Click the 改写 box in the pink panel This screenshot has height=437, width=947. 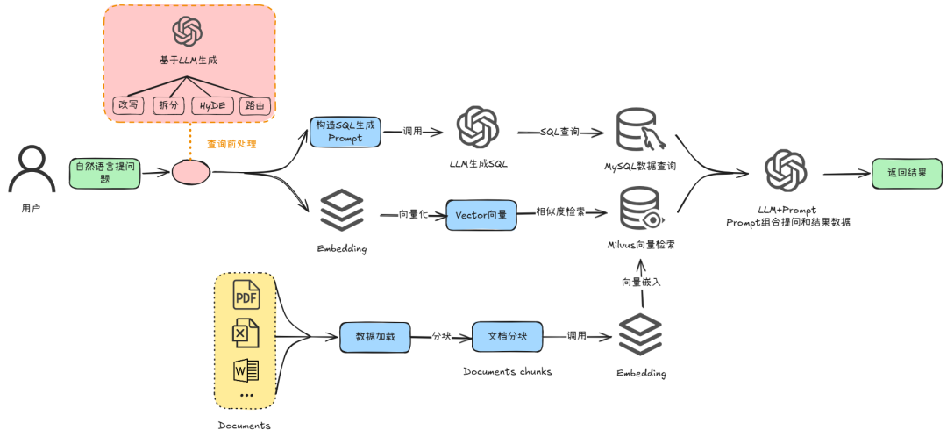coord(128,105)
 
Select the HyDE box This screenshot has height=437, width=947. coord(212,105)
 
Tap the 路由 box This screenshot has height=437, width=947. coord(253,105)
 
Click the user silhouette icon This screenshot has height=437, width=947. coord(32,170)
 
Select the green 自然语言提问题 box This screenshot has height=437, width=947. coord(104,172)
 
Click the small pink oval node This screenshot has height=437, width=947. coord(191,172)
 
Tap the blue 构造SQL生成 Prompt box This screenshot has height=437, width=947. coord(345,132)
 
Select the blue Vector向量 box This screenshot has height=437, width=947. coord(481,215)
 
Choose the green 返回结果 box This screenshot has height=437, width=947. coord(907,172)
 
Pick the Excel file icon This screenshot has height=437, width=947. coord(246,333)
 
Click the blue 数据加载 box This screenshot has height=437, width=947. coord(375,337)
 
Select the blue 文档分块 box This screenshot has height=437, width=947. coord(507,337)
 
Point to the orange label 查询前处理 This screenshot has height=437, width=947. coord(231,145)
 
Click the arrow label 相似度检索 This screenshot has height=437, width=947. coord(559,212)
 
